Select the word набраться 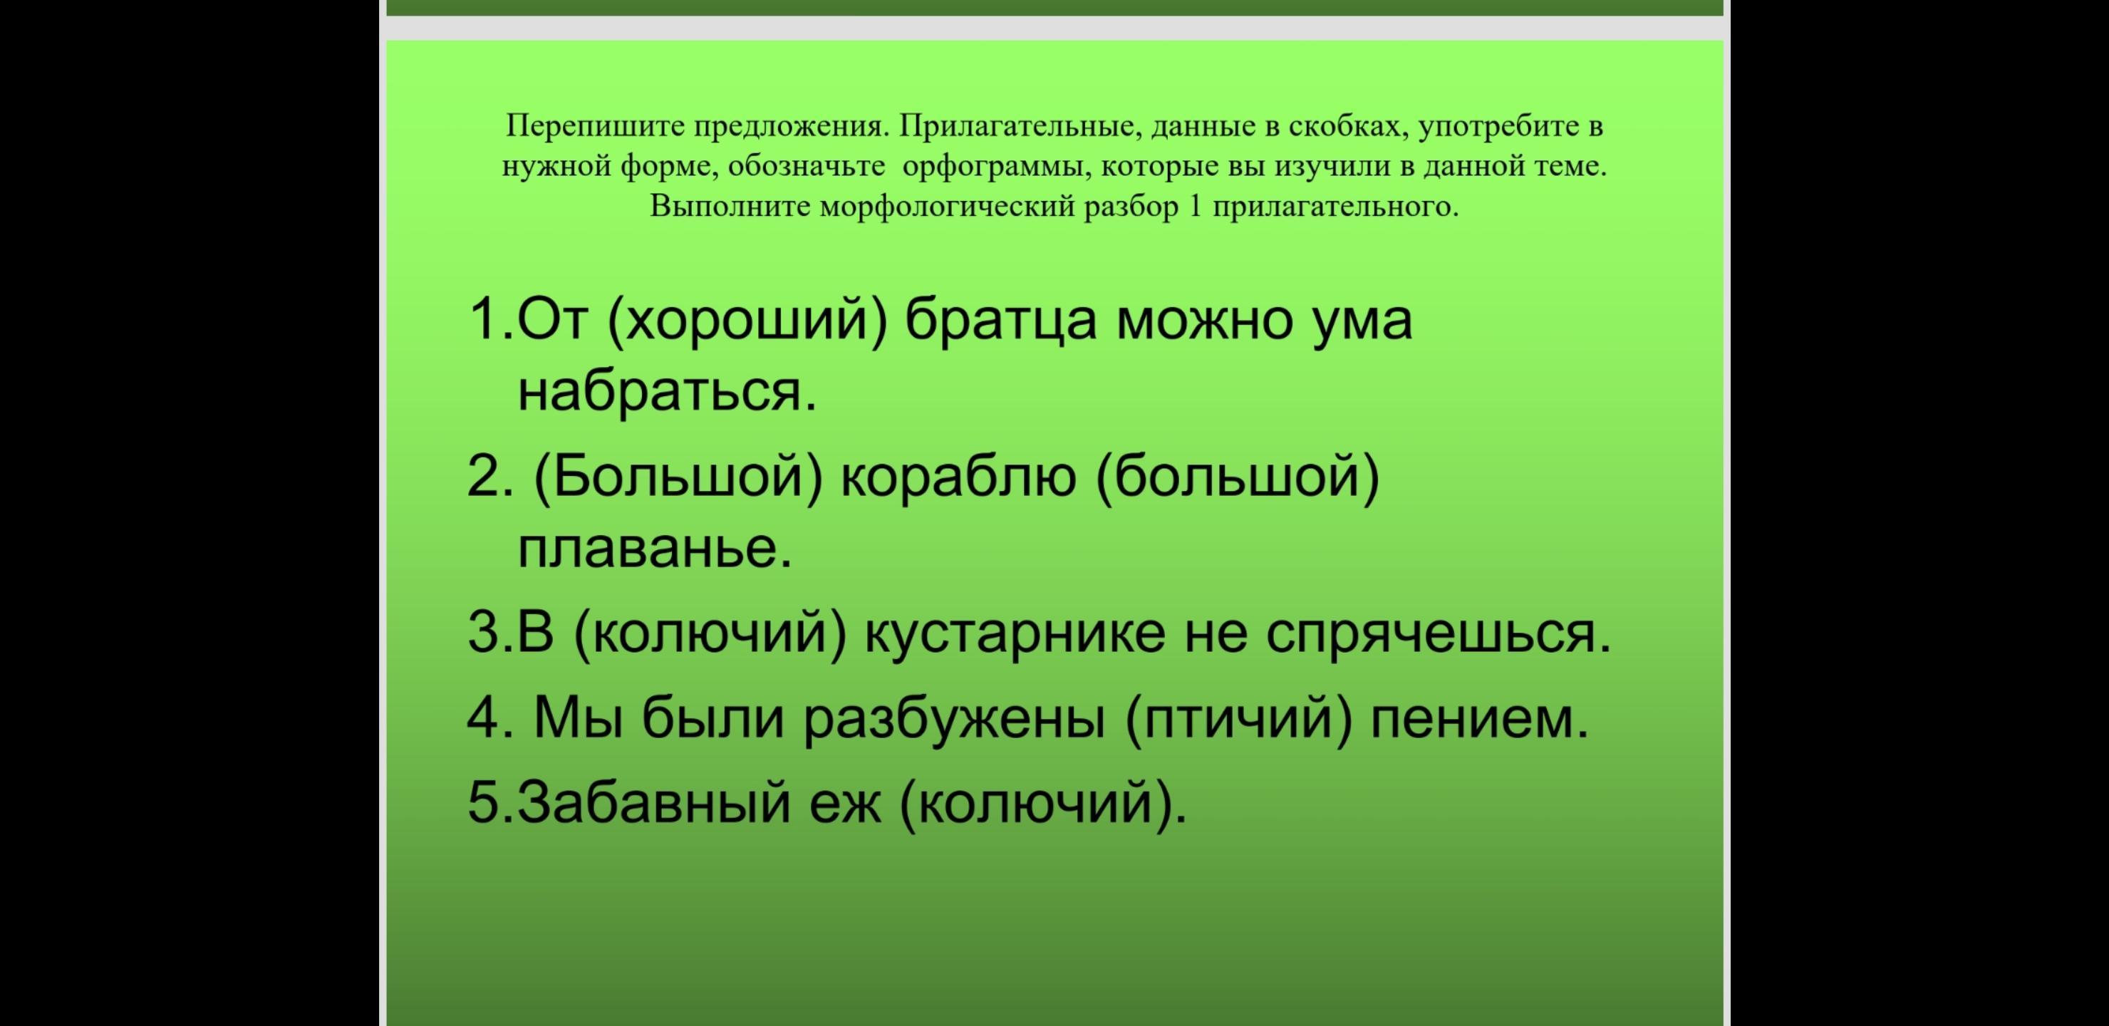(x=667, y=390)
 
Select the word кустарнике (x=1015, y=635)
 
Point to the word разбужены (x=954, y=719)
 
